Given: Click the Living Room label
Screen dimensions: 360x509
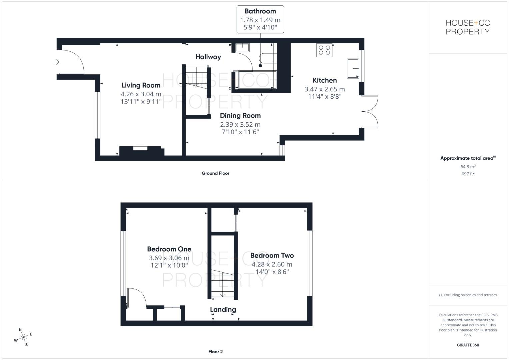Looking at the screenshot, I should tap(141, 85).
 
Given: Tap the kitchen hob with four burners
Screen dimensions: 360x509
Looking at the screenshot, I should tap(324, 50).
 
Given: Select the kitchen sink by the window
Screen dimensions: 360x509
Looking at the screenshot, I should tap(353, 68).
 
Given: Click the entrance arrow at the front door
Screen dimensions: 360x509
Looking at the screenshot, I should tap(56, 62).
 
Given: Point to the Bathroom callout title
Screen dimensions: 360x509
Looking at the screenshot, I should tap(260, 11).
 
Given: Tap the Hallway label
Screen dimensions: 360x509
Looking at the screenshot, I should tap(208, 57).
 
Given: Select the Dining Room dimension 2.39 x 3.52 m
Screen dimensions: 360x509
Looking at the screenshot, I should tap(240, 124).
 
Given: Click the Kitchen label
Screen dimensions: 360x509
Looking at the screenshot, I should tap(324, 80).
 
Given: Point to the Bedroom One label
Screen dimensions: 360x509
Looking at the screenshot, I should tap(169, 249).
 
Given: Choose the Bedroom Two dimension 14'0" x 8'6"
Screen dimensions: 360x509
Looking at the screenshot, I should tap(272, 272).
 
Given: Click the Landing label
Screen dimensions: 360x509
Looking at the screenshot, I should tap(223, 310).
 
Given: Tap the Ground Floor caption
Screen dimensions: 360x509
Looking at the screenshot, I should tap(215, 173).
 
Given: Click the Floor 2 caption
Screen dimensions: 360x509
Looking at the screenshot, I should tap(215, 352).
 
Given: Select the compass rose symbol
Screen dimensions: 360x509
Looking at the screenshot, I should tap(23, 337).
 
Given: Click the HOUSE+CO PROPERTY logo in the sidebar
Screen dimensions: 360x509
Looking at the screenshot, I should tap(468, 27).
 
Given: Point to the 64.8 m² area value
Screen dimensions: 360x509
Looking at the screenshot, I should tap(468, 167).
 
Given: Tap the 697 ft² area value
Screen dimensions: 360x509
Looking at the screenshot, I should tap(468, 174).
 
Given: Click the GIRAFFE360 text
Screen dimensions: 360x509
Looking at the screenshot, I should tap(468, 345).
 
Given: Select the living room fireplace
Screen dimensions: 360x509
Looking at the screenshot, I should tap(140, 150).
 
